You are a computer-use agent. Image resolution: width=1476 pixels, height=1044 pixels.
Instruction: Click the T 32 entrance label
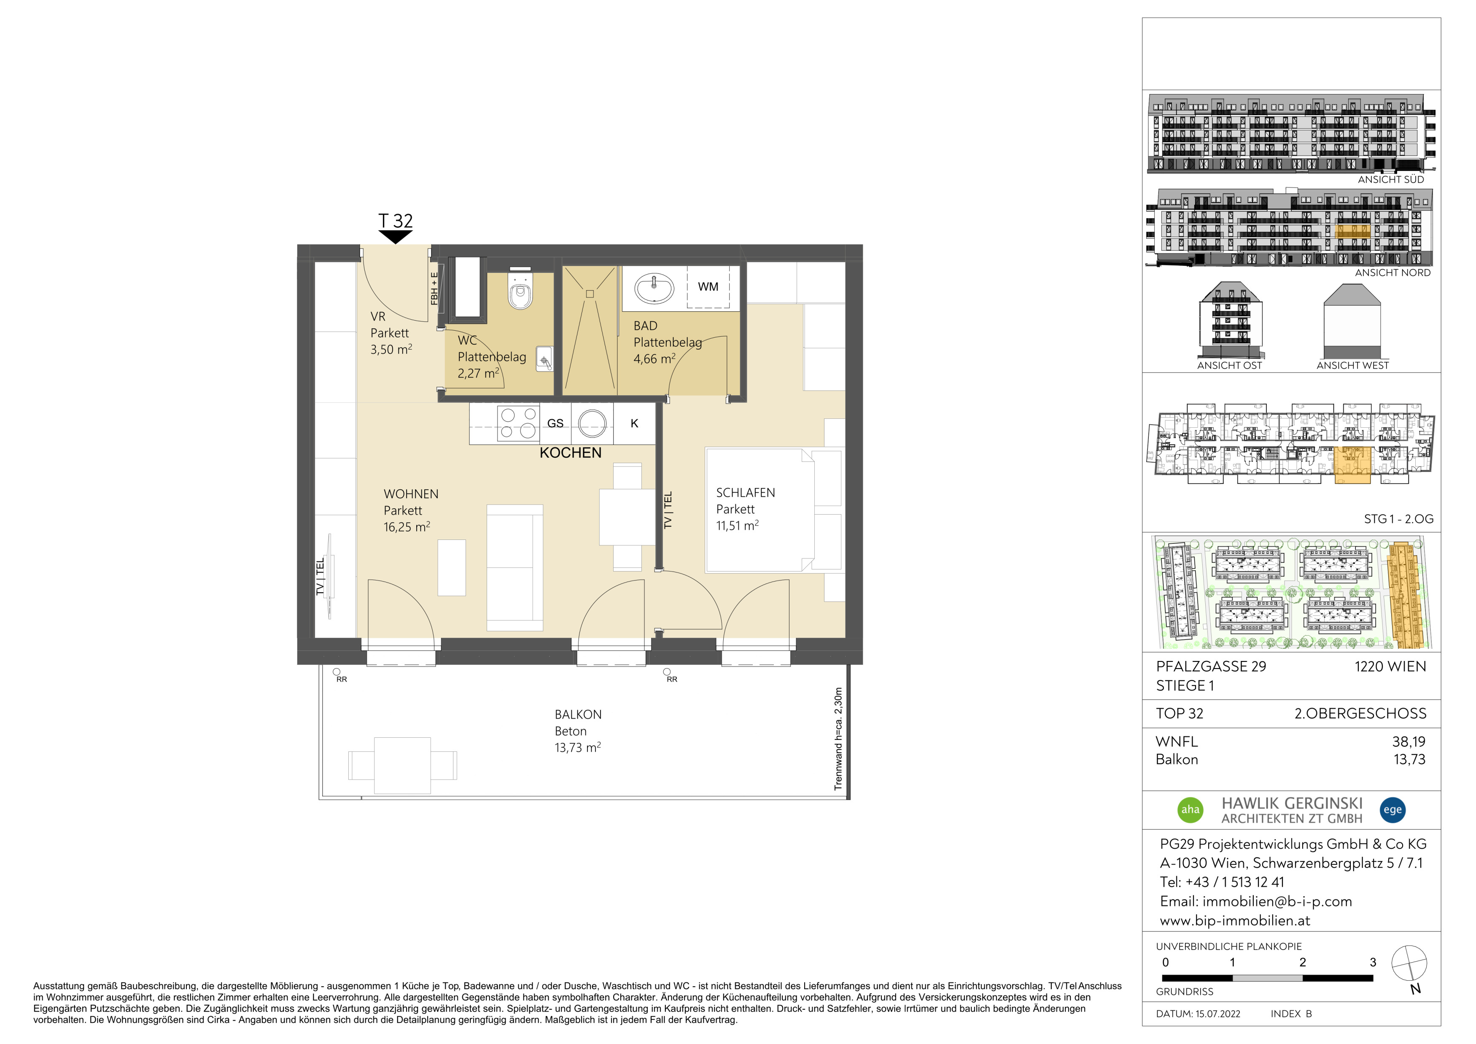click(x=396, y=221)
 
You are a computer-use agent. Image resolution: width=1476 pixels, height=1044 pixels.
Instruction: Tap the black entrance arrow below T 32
click(x=396, y=237)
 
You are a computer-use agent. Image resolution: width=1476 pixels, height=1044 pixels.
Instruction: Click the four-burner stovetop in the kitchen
click(x=518, y=423)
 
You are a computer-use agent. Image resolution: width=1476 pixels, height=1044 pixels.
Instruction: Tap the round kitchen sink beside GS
click(x=592, y=424)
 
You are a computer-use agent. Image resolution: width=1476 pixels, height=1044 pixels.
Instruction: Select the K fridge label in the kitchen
click(x=635, y=424)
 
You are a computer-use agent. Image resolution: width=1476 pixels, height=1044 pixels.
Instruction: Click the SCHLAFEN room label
click(x=746, y=493)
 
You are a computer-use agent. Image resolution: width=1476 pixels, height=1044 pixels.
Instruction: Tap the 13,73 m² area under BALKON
click(x=578, y=747)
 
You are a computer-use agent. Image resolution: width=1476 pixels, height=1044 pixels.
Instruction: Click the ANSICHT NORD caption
click(x=1393, y=272)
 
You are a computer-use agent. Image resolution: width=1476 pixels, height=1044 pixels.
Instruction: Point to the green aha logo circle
click(x=1190, y=809)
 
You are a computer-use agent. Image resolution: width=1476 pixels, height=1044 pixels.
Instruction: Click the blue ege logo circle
click(x=1393, y=809)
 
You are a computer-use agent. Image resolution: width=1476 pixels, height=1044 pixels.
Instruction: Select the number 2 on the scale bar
click(x=1302, y=962)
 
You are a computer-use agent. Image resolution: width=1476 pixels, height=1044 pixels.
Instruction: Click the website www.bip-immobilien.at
click(x=1235, y=920)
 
